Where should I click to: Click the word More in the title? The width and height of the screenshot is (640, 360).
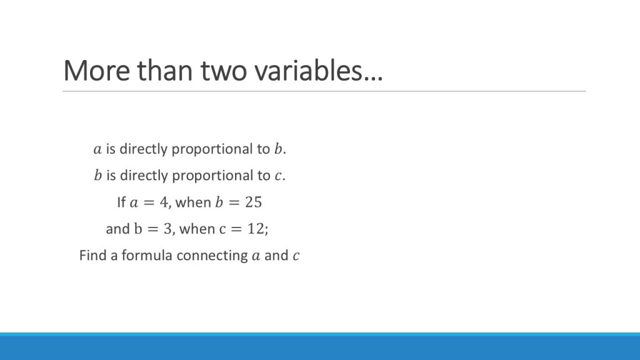[97, 71]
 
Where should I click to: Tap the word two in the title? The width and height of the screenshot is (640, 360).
[224, 71]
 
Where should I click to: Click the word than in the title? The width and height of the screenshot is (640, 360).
[165, 70]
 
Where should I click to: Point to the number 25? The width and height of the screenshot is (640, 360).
[254, 202]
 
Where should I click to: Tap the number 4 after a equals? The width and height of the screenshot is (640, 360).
[164, 202]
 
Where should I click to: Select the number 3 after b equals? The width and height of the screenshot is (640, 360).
[167, 229]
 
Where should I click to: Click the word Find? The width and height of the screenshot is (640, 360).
[92, 255]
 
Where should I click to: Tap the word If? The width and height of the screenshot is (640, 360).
[121, 202]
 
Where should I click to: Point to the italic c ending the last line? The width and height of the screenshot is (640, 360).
[296, 256]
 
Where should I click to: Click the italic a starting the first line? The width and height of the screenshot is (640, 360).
[97, 149]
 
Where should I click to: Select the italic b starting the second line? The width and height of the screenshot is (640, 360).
[97, 175]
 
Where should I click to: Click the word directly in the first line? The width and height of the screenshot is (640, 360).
[143, 149]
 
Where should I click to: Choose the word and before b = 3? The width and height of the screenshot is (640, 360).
[117, 229]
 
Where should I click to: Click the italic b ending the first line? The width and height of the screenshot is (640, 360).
[278, 149]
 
